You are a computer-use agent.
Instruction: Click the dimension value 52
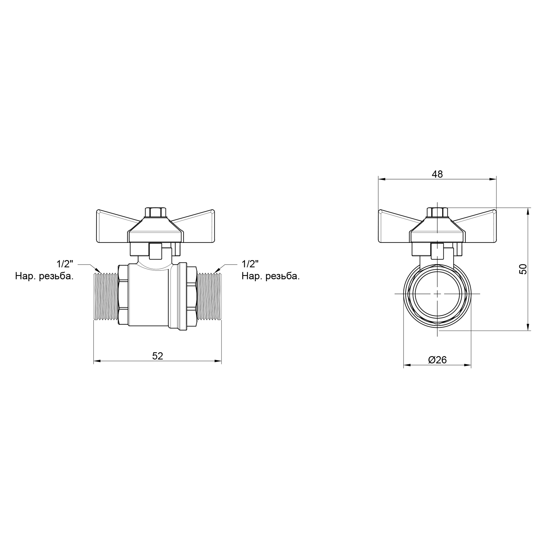tap(158, 356)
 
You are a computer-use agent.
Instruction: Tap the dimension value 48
tap(437, 174)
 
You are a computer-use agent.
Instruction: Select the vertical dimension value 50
tap(523, 269)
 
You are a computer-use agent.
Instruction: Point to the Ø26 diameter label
tap(437, 360)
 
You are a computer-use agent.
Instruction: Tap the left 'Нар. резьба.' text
tap(45, 276)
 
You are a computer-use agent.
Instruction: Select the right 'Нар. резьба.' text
tap(271, 276)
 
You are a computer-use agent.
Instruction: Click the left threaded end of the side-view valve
tap(106, 296)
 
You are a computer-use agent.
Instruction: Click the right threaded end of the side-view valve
tap(209, 296)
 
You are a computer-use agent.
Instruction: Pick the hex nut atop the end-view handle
tap(437, 212)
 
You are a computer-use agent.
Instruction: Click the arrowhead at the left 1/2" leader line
tap(98, 271)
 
